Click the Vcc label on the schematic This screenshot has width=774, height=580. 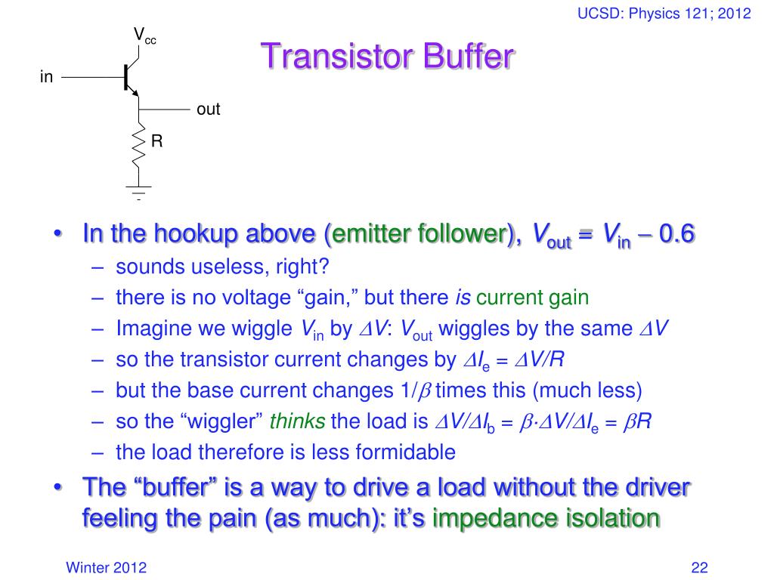(144, 35)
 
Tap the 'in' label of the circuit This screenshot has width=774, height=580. (47, 77)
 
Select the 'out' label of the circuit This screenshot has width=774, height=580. (208, 110)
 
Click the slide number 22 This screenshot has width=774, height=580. (698, 568)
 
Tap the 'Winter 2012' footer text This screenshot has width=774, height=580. (107, 568)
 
